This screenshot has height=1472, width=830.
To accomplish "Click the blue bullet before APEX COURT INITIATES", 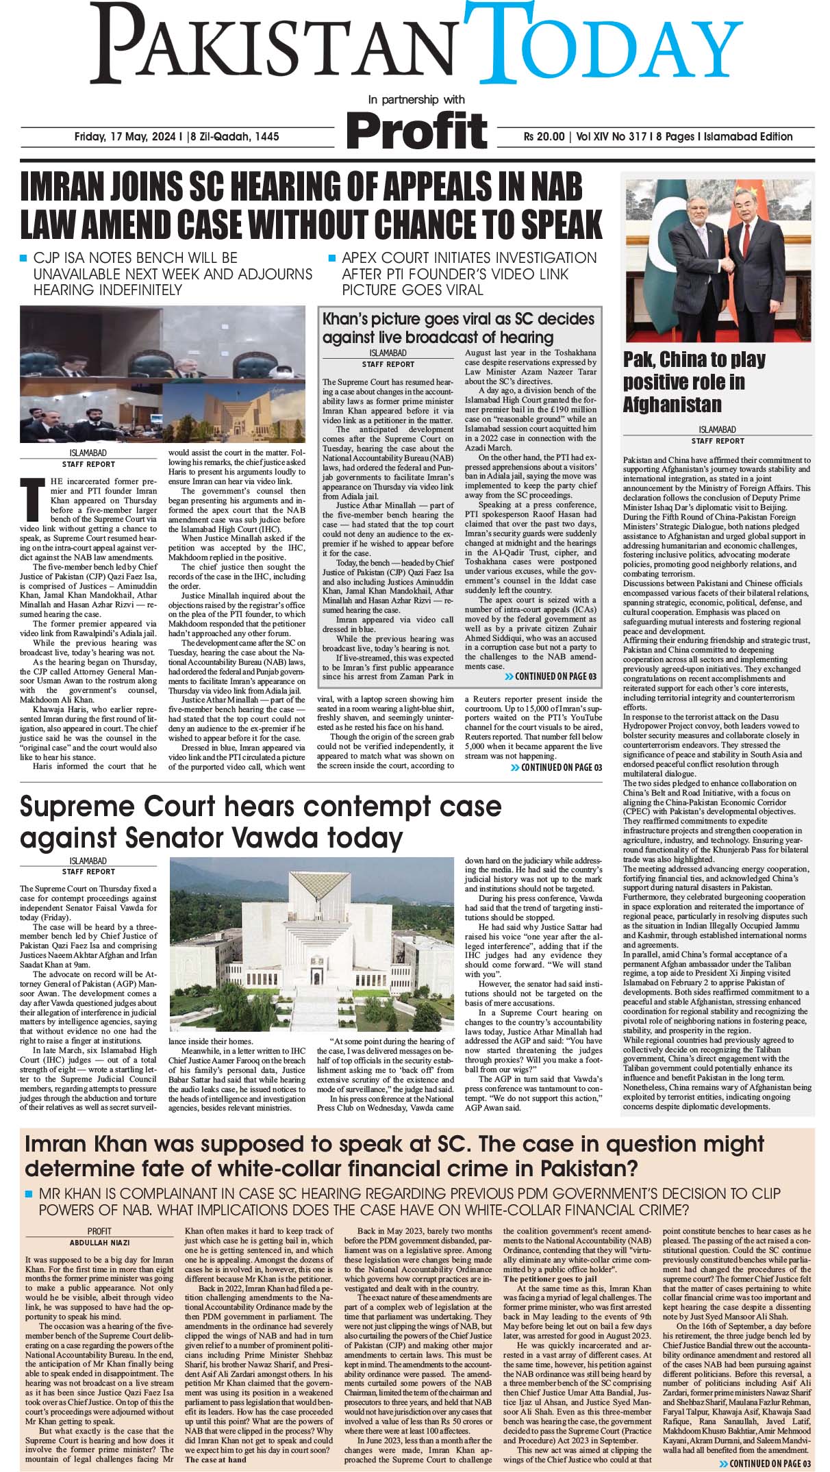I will pyautogui.click(x=333, y=259).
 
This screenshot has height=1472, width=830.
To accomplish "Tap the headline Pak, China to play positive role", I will pyautogui.click(x=693, y=381).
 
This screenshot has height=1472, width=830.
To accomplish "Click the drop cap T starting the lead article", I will pyautogui.click(x=29, y=487).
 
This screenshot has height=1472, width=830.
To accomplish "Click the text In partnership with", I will pyautogui.click(x=416, y=100).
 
